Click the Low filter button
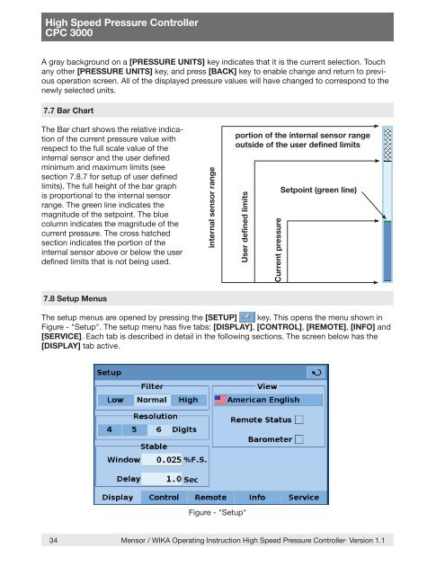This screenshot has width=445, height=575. click(x=115, y=400)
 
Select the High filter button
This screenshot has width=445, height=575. click(x=188, y=400)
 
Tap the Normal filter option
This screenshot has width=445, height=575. click(x=152, y=400)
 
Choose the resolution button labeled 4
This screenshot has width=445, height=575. click(x=110, y=429)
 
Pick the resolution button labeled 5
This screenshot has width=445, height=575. click(x=134, y=429)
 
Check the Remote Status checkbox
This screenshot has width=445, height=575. click(x=299, y=420)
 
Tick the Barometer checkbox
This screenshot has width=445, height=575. click(x=299, y=439)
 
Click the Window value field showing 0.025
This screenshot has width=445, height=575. click(x=162, y=459)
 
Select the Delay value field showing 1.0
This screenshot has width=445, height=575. click(x=162, y=479)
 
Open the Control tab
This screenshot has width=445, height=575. click(x=164, y=497)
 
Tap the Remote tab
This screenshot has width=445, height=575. click(x=210, y=497)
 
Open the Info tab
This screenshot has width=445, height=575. click(x=257, y=497)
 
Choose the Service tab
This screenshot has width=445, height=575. click(x=303, y=497)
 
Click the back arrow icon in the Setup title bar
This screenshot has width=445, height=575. click(x=316, y=373)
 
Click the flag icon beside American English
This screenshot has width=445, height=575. click(x=220, y=400)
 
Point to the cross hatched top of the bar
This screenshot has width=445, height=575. click(x=387, y=144)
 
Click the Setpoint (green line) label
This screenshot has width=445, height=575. click(x=318, y=190)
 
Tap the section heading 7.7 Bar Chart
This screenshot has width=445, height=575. click(x=68, y=111)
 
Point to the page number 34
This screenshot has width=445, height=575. click(x=53, y=540)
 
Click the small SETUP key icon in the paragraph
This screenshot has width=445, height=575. click(x=247, y=317)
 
